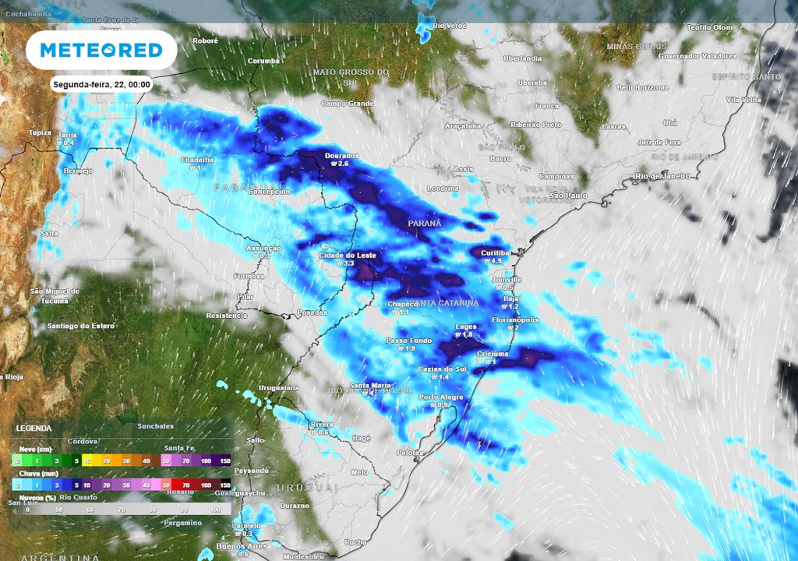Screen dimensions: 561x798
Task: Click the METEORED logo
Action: pos(101,51)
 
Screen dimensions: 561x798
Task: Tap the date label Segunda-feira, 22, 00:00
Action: pos(102,84)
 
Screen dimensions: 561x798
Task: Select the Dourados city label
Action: pos(342,156)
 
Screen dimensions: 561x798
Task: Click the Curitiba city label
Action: pos(495,253)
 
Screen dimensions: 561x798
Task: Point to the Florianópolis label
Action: pos(515,319)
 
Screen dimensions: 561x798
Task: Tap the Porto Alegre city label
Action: pos(441,397)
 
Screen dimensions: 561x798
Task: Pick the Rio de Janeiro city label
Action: pos(662,176)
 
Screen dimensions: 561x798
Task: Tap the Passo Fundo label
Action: pos(408,340)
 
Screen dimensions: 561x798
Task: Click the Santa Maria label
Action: pos(370,386)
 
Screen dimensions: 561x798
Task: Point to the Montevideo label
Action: pos(302,557)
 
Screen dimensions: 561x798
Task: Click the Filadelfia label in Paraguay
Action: pos(196,160)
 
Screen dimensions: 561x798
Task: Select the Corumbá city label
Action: pos(263,61)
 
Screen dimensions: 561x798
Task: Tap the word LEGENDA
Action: pos(34,429)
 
